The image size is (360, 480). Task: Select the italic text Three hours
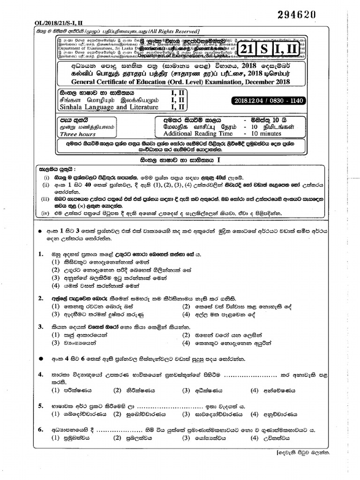tap(74, 134)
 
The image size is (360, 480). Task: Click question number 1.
tap(41, 254)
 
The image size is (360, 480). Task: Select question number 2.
tap(41, 298)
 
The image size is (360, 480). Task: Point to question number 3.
tap(41, 326)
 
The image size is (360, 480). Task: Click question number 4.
tap(41, 375)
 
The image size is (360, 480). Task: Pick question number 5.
tap(41, 406)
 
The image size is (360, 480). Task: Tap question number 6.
tap(41, 429)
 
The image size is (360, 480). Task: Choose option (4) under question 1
tap(56, 286)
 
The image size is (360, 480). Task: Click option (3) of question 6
tap(187, 438)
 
